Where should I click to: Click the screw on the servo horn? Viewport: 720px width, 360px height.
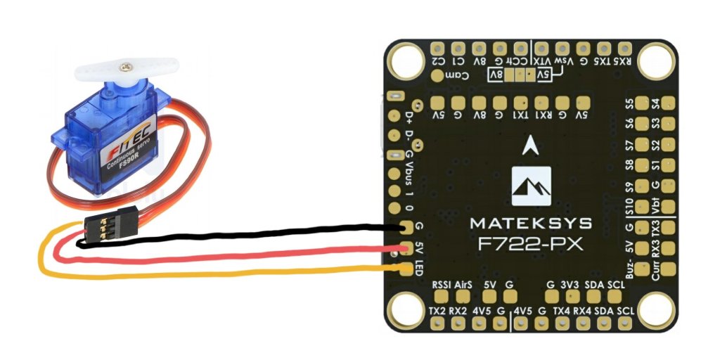tap(125, 66)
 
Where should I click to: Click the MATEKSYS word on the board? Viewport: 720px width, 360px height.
tap(531, 224)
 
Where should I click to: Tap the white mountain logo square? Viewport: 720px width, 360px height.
tap(531, 186)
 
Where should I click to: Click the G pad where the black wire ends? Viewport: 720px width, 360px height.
tap(406, 228)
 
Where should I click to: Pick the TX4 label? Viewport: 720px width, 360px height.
tap(561, 310)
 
